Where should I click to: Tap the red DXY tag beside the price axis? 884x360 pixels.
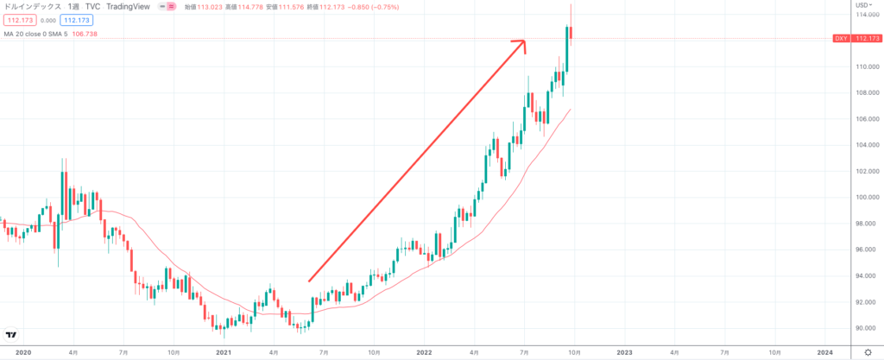[840, 39]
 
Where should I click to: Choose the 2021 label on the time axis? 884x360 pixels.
[224, 352]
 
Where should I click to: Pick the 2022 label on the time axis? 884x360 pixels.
[424, 352]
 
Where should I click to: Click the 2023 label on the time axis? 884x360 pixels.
[624, 352]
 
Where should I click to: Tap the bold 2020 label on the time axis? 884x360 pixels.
[23, 352]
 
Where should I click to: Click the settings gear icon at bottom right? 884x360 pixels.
[868, 352]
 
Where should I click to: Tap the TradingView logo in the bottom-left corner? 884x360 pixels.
[11, 336]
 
